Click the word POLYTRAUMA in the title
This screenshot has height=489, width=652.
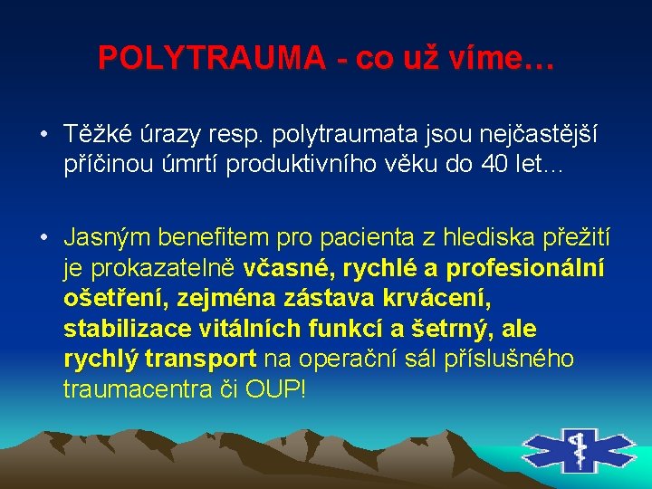tap(212, 58)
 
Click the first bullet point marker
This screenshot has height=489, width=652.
tap(43, 137)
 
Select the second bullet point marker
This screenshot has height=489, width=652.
tap(43, 238)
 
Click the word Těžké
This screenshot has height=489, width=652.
tap(93, 135)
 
